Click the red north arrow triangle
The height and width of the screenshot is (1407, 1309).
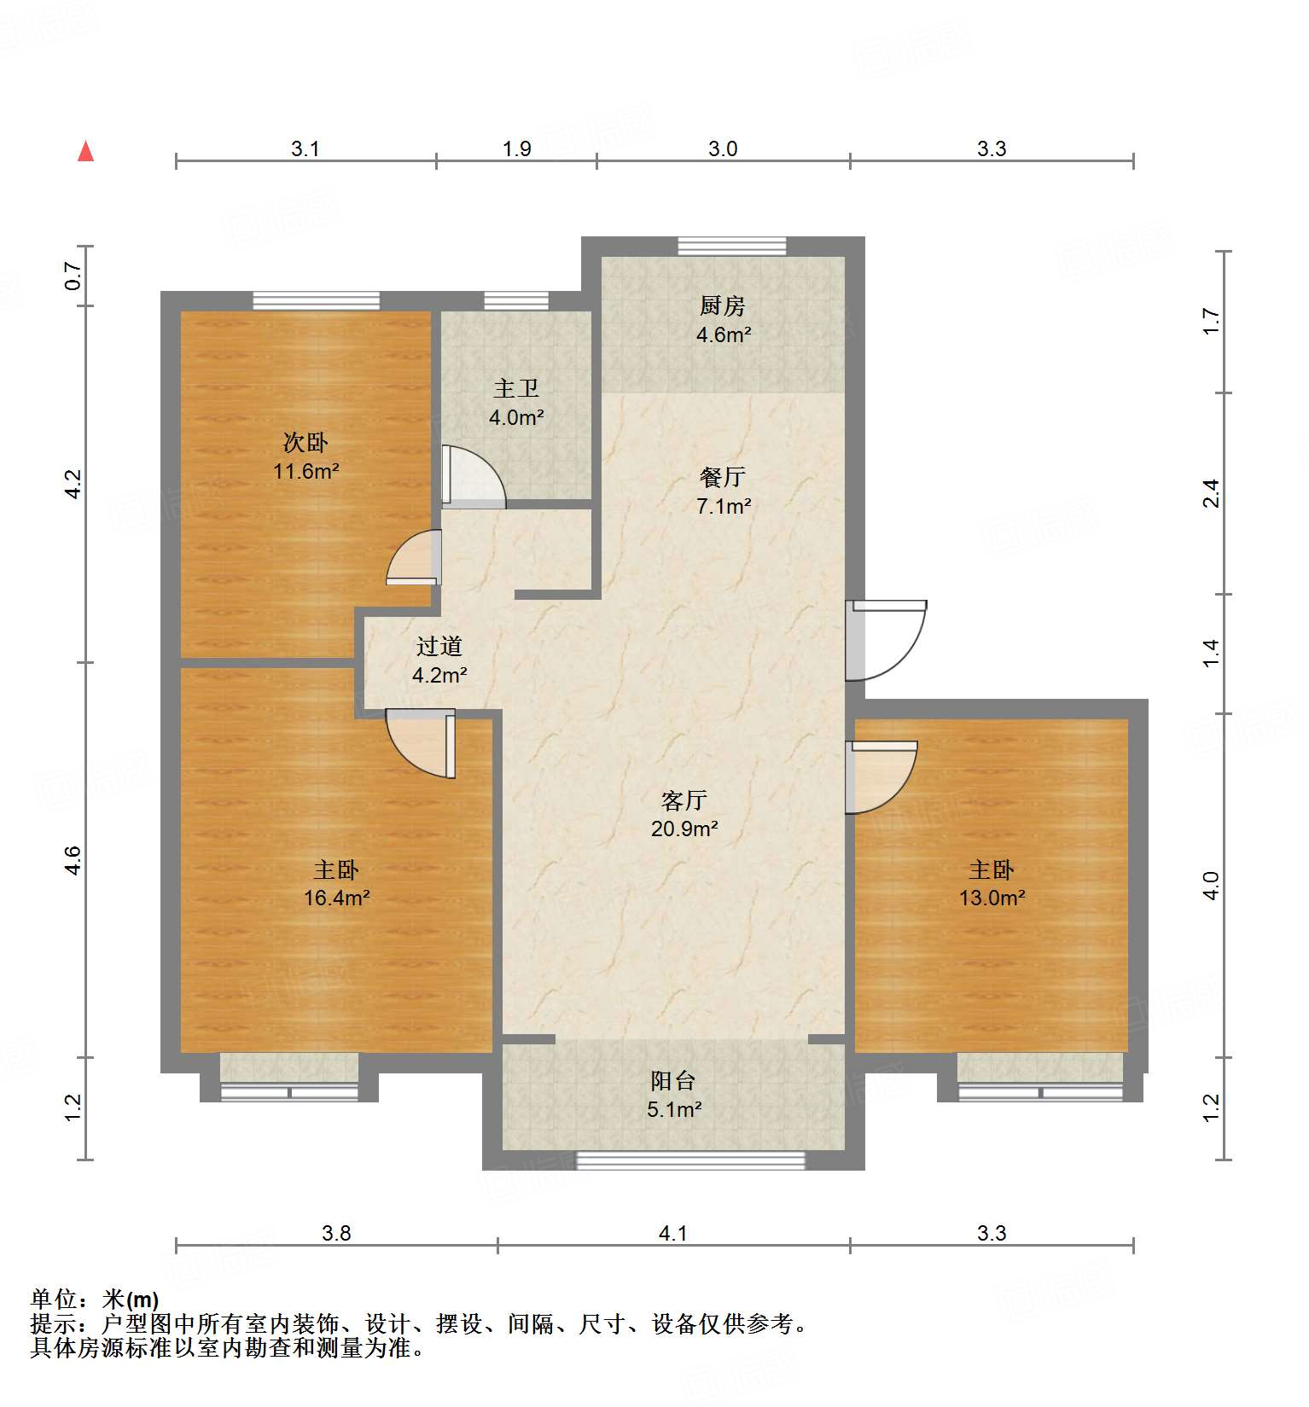[x=85, y=151]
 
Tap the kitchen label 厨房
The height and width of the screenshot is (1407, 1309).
[x=722, y=305]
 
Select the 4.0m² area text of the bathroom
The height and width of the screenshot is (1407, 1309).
[x=516, y=418]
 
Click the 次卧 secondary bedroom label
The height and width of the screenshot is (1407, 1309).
[x=305, y=442]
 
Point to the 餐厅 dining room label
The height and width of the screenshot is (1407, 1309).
[x=722, y=477]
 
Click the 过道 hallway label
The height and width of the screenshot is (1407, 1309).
[x=439, y=647]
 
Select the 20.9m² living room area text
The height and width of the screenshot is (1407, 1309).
[x=684, y=829]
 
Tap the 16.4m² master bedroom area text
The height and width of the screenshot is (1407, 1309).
[x=336, y=898]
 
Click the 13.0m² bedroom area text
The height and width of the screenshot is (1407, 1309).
[x=992, y=898]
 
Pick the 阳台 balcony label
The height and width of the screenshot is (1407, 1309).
[x=672, y=1081]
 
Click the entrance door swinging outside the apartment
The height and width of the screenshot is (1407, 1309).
[x=887, y=640]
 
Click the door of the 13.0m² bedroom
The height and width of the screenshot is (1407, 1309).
[x=881, y=776]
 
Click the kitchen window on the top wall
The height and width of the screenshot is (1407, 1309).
[x=731, y=246]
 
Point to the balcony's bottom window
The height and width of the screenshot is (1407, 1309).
[x=690, y=1160]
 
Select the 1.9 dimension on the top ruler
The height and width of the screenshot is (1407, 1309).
[x=516, y=148]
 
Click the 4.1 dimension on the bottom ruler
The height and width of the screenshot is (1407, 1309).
[x=672, y=1233]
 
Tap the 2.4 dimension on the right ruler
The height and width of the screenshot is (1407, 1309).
[x=1211, y=493]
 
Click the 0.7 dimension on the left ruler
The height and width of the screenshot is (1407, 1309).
[x=73, y=276]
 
